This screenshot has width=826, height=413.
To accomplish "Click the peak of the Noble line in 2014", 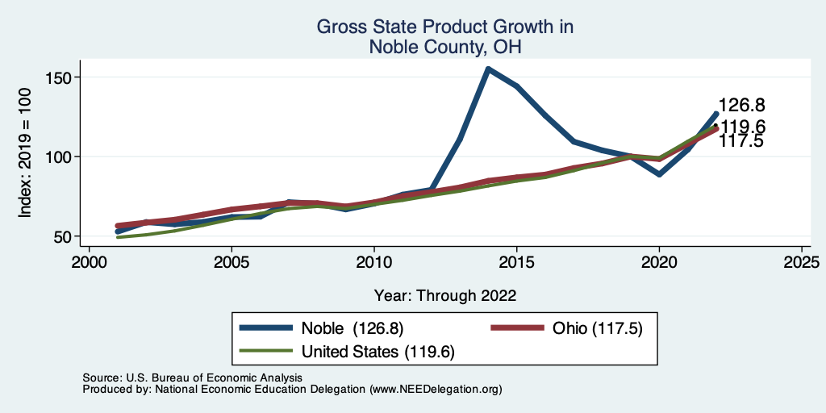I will pos(488,69).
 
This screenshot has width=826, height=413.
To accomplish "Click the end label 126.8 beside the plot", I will pos(741,105).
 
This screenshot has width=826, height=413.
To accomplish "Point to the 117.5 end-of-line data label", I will pos(741,142).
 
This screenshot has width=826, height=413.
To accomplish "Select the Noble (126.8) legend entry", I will pos(352,328).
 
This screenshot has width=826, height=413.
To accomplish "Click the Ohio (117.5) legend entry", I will pos(597,328).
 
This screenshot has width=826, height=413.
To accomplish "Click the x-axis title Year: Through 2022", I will pos(445,295).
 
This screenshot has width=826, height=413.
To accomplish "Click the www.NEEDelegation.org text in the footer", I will pos(436,390).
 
